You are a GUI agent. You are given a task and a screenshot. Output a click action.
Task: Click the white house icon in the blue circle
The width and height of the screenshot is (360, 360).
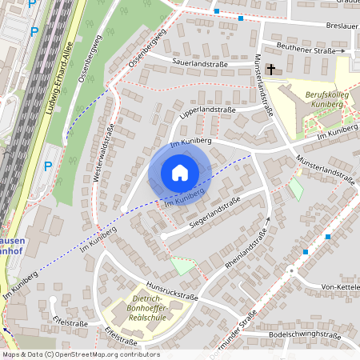pos(180,173)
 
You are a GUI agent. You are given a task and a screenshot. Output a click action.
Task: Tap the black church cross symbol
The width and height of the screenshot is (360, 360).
pos(271,70)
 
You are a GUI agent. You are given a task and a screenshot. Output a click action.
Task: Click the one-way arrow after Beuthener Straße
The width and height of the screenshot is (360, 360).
pos(342,50)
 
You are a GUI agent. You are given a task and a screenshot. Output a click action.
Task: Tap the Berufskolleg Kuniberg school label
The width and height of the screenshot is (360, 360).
pos(329,98)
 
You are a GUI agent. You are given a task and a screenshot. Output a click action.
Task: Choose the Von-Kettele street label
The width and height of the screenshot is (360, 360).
pos(339,287)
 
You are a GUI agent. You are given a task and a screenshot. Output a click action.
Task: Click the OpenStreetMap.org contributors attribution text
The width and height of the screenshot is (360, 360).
pos(83,354)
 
